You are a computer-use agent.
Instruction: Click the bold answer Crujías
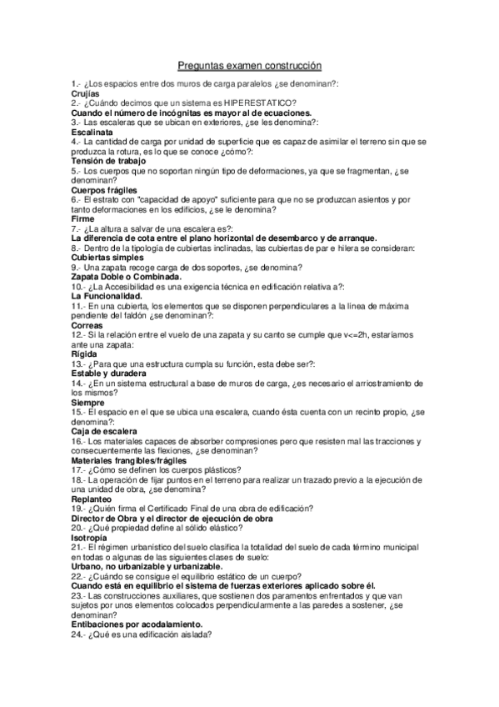click(x=85, y=94)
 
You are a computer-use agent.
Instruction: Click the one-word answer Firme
click(x=83, y=219)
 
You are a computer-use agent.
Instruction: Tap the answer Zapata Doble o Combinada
click(x=127, y=276)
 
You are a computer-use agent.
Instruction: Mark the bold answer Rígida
click(x=85, y=353)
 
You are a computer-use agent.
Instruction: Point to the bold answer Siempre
click(x=88, y=403)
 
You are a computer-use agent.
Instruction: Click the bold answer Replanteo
click(x=94, y=498)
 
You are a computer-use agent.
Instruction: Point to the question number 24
click(x=78, y=634)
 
